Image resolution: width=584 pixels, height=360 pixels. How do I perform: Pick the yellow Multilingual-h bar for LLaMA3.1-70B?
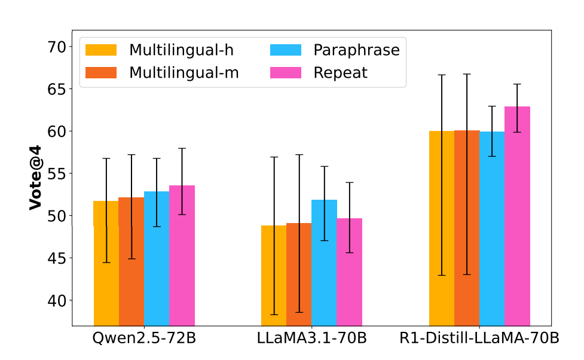pyautogui.click(x=274, y=275)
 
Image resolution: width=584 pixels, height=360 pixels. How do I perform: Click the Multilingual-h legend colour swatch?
pyautogui.click(x=101, y=50)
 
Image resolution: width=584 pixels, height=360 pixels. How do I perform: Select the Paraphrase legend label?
pyautogui.click(x=356, y=50)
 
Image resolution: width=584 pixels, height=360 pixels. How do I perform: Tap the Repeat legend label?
pyautogui.click(x=341, y=73)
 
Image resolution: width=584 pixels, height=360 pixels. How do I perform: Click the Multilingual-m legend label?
pyautogui.click(x=184, y=73)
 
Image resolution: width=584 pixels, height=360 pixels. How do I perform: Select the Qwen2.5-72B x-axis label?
pyautogui.click(x=144, y=338)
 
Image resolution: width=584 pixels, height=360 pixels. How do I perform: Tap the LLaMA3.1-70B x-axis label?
pyautogui.click(x=311, y=338)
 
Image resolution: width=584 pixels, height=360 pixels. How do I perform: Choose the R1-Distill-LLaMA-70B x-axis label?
pyautogui.click(x=479, y=338)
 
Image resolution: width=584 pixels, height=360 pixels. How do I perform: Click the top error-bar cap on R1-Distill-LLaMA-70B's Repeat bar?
pyautogui.click(x=517, y=84)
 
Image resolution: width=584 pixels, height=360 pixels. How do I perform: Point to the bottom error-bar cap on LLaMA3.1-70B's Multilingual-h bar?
pyautogui.click(x=274, y=315)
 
